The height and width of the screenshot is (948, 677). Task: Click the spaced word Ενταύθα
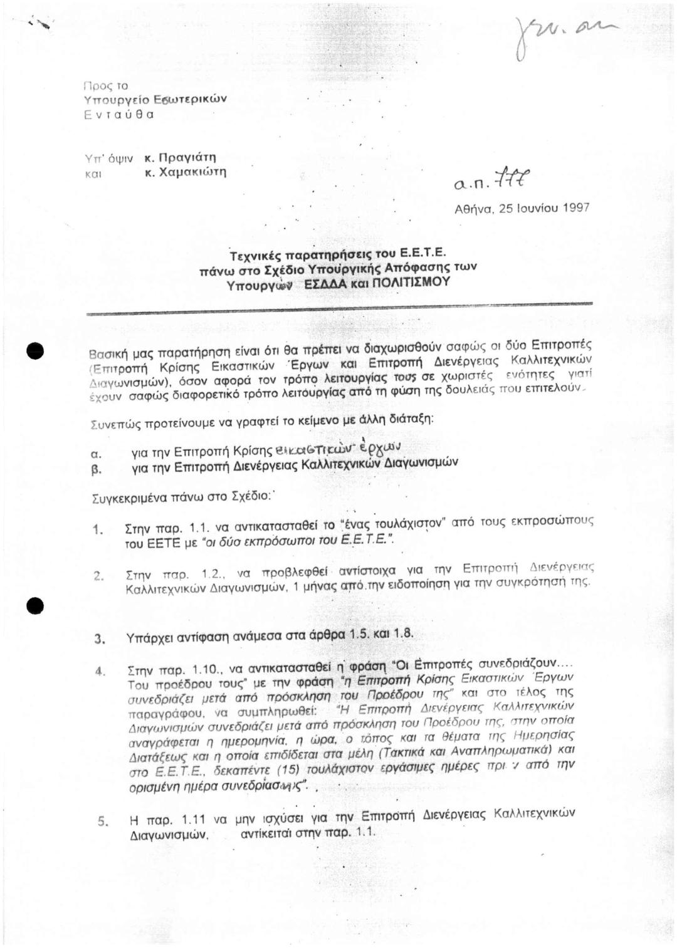[x=118, y=115]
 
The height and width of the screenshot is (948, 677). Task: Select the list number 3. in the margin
[x=98, y=640]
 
